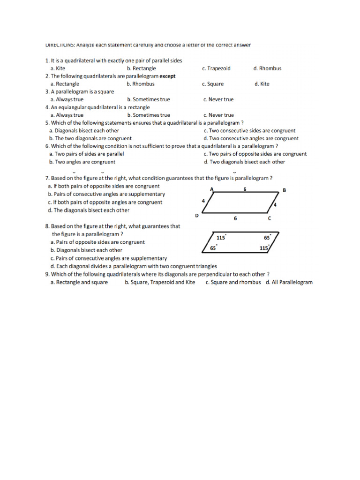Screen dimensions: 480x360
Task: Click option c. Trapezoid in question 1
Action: pyautogui.click(x=216, y=68)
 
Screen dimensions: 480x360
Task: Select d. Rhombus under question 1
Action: pyautogui.click(x=267, y=68)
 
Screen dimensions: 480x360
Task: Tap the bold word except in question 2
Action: pyautogui.click(x=168, y=76)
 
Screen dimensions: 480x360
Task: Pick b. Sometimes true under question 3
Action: pyautogui.click(x=148, y=99)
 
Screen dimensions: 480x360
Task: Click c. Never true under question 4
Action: pyautogui.click(x=218, y=115)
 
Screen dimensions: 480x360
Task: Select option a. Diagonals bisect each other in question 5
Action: pyautogui.click(x=84, y=131)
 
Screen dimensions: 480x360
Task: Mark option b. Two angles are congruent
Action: pyautogui.click(x=82, y=162)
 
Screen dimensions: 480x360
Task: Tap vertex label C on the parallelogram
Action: pyautogui.click(x=269, y=218)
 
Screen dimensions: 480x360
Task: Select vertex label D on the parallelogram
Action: pyautogui.click(x=197, y=216)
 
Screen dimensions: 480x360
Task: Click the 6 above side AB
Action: pyautogui.click(x=245, y=189)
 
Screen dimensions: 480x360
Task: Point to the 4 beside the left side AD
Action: pyautogui.click(x=203, y=201)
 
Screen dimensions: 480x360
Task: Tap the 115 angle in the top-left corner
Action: pyautogui.click(x=221, y=238)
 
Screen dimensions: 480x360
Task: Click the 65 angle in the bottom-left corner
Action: pyautogui.click(x=213, y=248)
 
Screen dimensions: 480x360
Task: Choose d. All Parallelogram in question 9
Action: pyautogui.click(x=289, y=282)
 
